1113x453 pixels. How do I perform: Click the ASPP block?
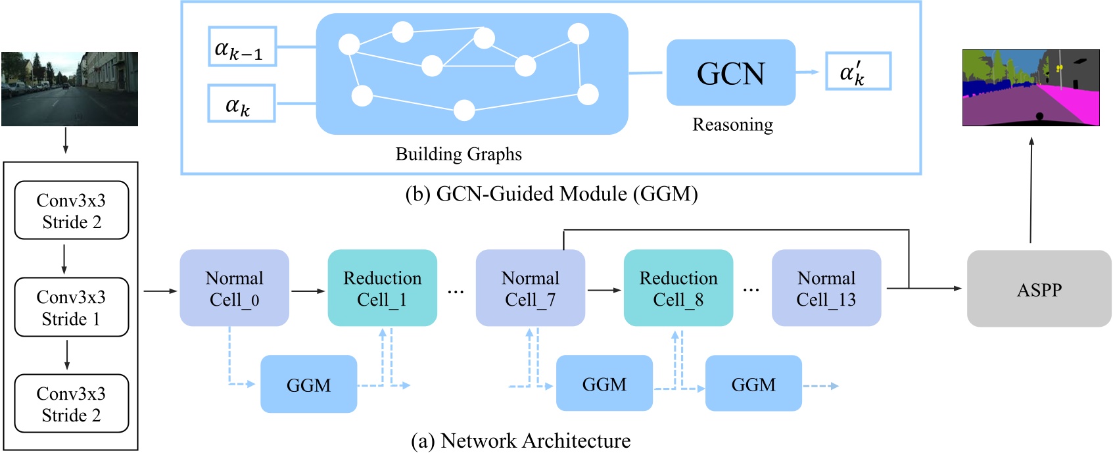pyautogui.click(x=1039, y=289)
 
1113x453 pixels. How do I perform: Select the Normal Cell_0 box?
pyautogui.click(x=234, y=288)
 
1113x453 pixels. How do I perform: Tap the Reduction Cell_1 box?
pyautogui.click(x=382, y=288)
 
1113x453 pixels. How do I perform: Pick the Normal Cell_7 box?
pyautogui.click(x=530, y=288)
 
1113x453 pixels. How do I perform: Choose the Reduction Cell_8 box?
pyautogui.click(x=678, y=288)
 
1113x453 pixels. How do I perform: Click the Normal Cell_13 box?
pyautogui.click(x=826, y=288)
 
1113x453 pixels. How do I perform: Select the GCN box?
pyautogui.click(x=730, y=72)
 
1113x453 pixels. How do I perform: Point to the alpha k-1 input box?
pyautogui.click(x=241, y=47)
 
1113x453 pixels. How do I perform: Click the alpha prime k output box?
pyautogui.click(x=857, y=72)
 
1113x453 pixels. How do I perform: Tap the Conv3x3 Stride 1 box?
pyautogui.click(x=71, y=307)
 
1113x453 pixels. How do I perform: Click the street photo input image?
pyautogui.click(x=70, y=89)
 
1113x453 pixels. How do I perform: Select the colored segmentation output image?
pyautogui.click(x=1030, y=87)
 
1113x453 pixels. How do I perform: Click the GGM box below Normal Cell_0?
pyautogui.click(x=308, y=384)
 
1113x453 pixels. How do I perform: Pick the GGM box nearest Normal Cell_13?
pyautogui.click(x=753, y=384)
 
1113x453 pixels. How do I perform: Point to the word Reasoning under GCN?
pyautogui.click(x=732, y=124)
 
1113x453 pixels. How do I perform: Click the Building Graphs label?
pyautogui.click(x=458, y=154)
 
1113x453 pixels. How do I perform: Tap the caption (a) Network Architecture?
pyautogui.click(x=520, y=441)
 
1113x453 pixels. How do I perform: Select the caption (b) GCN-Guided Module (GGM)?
pyautogui.click(x=551, y=194)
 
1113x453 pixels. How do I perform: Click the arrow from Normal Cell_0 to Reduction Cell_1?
pyautogui.click(x=308, y=290)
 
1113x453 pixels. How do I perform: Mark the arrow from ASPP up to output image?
pyautogui.click(x=1031, y=191)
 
